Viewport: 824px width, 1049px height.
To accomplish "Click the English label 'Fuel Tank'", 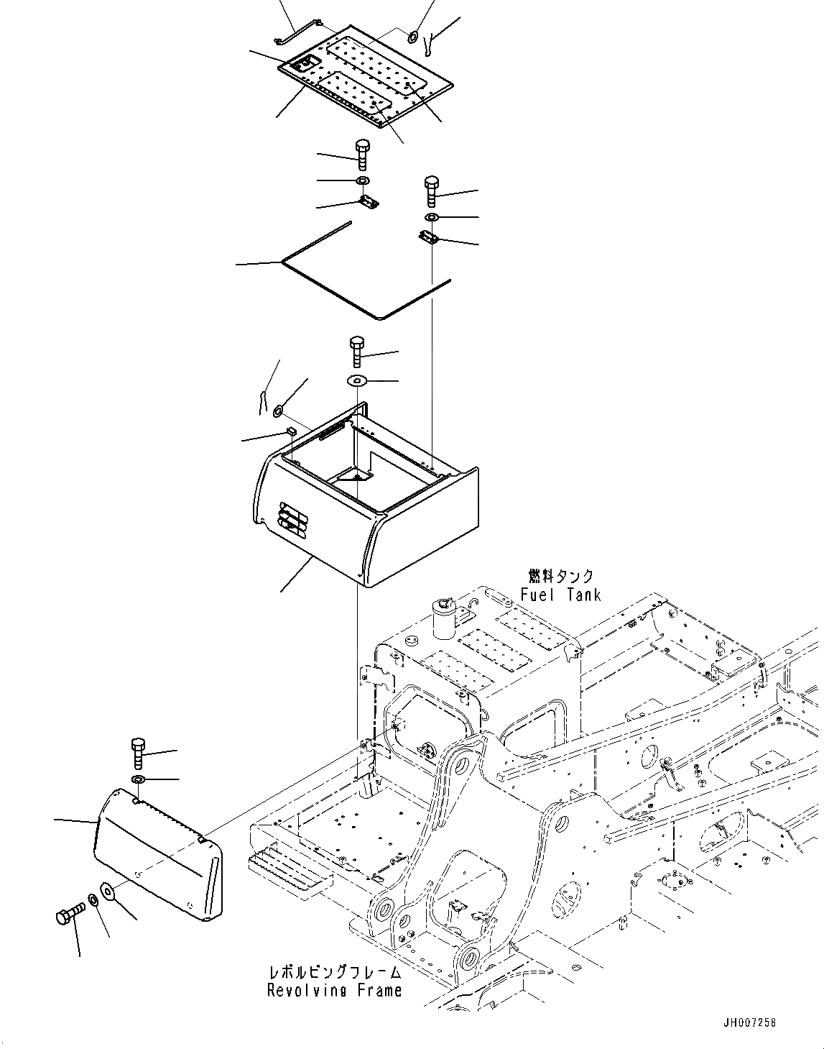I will point(560,595).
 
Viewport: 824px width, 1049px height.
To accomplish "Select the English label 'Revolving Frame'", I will point(334,991).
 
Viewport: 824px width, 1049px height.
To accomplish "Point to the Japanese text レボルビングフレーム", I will point(335,973).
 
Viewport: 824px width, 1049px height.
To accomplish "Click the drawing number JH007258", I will point(751,1022).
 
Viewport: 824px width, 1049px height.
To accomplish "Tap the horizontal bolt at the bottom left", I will point(69,915).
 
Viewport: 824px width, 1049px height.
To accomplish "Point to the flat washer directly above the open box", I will point(357,380).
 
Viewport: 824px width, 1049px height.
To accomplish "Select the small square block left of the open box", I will point(292,431).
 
